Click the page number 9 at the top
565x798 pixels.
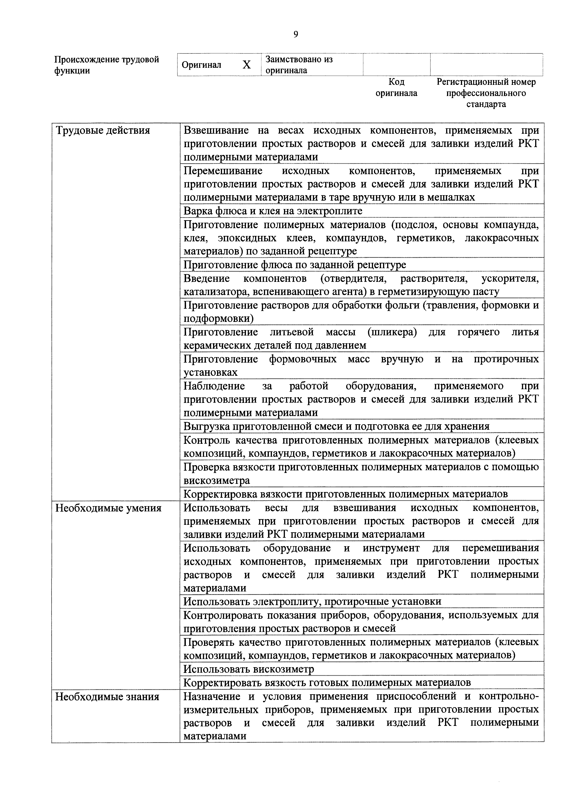[x=295, y=34]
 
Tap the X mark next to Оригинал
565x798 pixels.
[x=246, y=65]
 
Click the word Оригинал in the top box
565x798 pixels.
[x=202, y=65]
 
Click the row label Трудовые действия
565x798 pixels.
[x=103, y=131]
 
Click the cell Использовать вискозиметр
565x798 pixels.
[x=249, y=669]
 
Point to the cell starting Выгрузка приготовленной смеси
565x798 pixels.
[x=336, y=427]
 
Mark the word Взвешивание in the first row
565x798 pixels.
[x=216, y=131]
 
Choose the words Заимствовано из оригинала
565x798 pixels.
[x=299, y=65]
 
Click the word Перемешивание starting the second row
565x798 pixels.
[x=223, y=171]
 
